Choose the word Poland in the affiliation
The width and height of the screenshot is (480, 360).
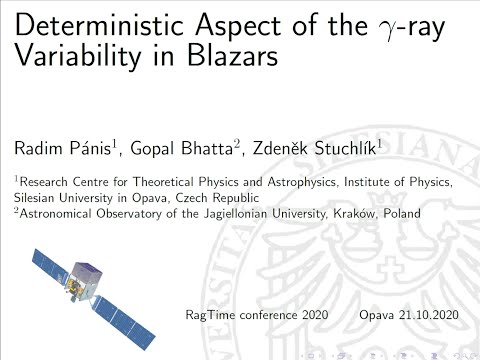(400, 213)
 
